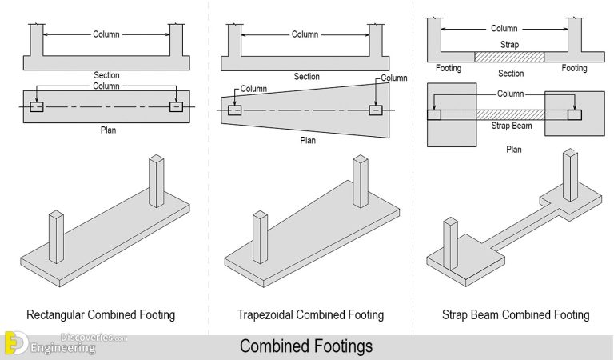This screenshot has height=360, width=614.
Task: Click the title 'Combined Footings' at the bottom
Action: pos(306,347)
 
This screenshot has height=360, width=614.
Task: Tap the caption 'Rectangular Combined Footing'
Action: pos(101,314)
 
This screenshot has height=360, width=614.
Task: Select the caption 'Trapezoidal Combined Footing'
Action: pos(310,314)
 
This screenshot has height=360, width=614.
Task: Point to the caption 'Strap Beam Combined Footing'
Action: pos(516,314)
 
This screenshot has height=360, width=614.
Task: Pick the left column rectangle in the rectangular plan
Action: pos(37,107)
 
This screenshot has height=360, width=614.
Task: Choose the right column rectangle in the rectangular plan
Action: pos(175,107)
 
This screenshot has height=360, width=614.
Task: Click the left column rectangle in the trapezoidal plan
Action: pos(234,110)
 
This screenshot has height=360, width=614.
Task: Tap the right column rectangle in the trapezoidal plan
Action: pos(375,110)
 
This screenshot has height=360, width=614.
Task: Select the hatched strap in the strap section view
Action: pos(510,57)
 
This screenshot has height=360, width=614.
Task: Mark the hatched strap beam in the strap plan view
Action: pos(510,114)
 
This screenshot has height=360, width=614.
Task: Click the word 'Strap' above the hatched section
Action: pos(510,45)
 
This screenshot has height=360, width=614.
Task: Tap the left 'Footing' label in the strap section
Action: pos(448,69)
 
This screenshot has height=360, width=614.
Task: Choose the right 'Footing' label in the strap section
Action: pos(573,69)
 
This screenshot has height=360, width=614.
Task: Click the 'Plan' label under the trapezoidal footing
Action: pos(308,140)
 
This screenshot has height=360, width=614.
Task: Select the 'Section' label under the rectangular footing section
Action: pos(106,76)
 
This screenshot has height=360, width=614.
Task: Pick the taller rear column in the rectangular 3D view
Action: pos(156,182)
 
